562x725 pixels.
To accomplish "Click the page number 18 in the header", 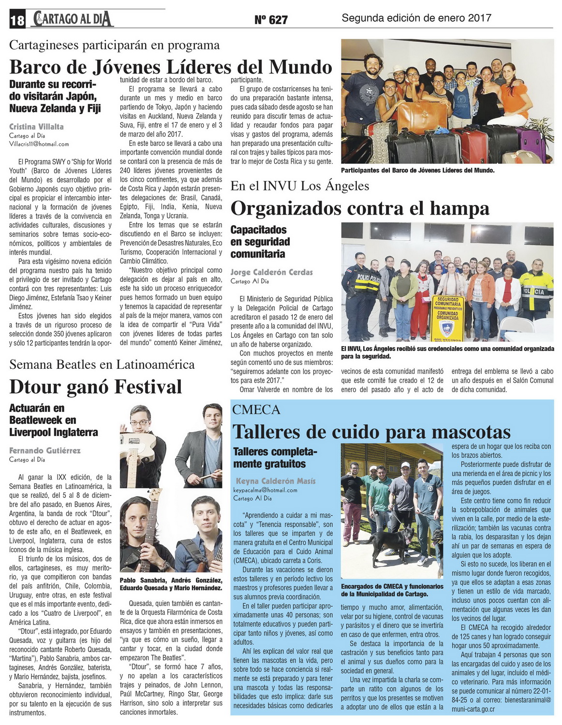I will pos(17,20).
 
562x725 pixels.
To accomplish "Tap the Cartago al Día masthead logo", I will pos(73,19).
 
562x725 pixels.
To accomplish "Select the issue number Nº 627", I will pos(271,19).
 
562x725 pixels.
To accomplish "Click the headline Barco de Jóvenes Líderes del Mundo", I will pos(171,67).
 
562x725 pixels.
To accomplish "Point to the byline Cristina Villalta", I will pos(36,127).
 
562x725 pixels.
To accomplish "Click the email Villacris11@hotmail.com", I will pos(39,144).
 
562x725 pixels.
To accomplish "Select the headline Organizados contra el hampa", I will pos(360,208).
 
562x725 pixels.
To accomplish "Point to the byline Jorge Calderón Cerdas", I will pos(271,272).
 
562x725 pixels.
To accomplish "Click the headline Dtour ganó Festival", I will pos(95,387).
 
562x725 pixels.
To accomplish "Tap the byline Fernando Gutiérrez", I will pos(45,450).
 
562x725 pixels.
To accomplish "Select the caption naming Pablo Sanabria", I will pos(171,584).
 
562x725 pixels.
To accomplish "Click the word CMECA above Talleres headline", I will pos(256,410).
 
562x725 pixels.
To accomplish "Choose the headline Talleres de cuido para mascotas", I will pos(371,431).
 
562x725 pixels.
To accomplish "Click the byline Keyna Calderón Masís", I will pos(276,481).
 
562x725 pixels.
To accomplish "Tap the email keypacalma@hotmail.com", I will pos(265,490).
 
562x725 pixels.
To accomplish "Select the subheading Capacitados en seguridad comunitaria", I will pos(260,242).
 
